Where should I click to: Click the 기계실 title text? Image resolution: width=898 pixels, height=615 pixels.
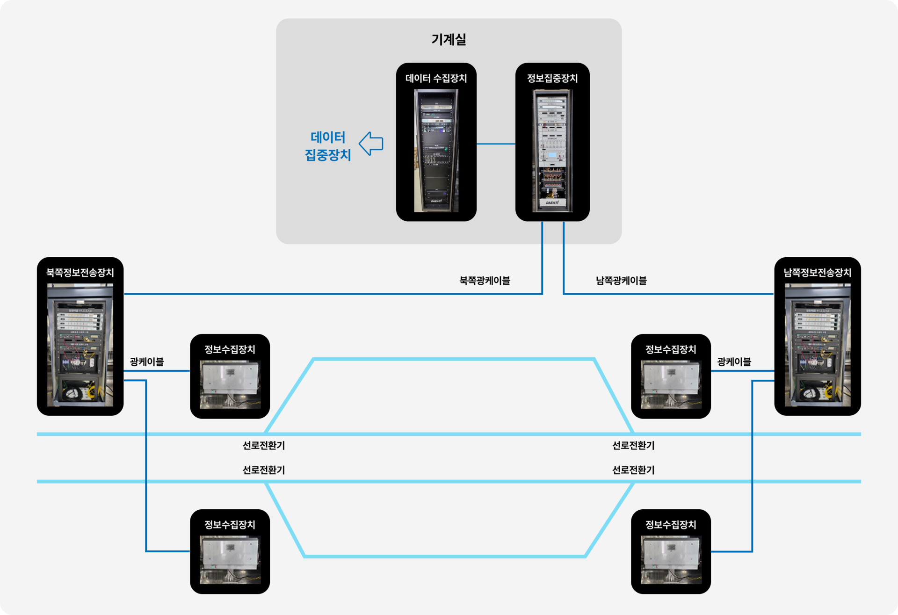449,39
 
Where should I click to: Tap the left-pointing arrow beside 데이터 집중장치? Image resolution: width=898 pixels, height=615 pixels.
371,143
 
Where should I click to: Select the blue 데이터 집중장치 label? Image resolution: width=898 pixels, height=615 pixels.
328,146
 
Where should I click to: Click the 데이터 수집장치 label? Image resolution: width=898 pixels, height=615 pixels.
436,78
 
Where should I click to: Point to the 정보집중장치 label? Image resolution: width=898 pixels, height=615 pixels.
552,78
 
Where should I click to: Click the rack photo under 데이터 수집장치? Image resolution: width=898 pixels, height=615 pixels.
436,150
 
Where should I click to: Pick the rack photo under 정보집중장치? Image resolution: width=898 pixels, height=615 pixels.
552,150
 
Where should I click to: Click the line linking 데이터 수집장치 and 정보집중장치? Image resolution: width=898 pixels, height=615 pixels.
496,144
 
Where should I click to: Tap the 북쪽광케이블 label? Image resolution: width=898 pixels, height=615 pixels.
485,281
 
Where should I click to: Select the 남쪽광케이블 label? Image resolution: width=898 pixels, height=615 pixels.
621,281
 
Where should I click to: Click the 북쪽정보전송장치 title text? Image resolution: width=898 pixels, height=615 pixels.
80,273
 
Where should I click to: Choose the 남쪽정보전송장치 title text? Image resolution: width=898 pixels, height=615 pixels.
817,273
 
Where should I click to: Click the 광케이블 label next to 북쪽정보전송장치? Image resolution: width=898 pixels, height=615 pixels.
147,362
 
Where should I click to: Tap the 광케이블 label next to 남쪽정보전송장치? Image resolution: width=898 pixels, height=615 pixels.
734,362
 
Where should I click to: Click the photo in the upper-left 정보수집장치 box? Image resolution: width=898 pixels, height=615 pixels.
230,384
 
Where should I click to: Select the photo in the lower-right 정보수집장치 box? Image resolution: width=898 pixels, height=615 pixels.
671,560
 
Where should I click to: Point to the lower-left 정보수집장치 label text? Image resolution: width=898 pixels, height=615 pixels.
230,525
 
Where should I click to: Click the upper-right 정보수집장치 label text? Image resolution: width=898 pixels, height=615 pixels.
671,349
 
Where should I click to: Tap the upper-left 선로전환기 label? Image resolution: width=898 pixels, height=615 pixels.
264,445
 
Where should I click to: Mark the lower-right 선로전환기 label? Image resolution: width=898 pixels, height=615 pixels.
633,470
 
